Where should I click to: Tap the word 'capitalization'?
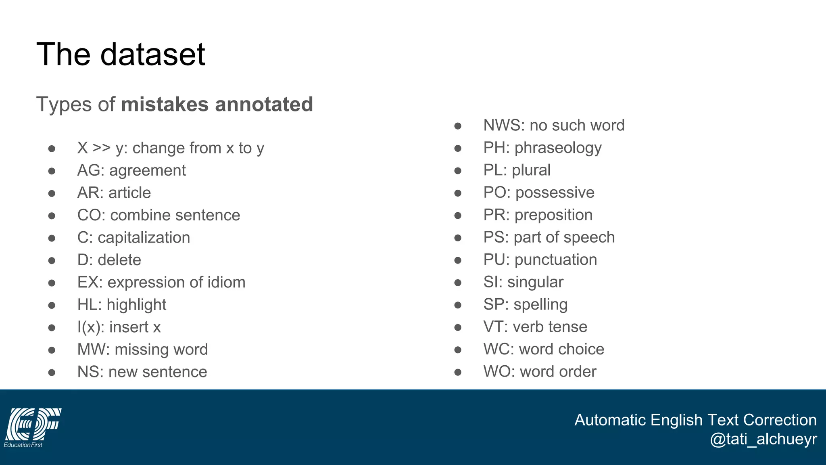point(144,238)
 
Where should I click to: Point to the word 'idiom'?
point(226,282)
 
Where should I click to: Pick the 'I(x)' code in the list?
point(90,327)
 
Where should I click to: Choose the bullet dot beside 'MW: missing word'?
point(52,350)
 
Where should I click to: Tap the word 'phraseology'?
point(558,148)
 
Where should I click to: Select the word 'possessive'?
point(555,193)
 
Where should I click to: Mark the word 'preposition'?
point(553,215)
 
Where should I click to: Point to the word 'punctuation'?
point(556,260)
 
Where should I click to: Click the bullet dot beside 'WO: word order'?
point(458,372)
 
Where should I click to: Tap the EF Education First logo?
point(32,427)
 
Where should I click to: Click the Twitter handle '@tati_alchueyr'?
point(763,439)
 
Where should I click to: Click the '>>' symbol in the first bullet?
point(101,148)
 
